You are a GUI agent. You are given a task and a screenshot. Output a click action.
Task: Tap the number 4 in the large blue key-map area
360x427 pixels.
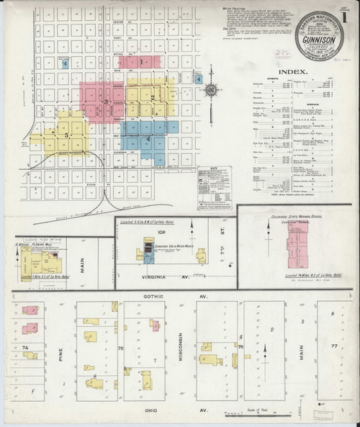[148, 138]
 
